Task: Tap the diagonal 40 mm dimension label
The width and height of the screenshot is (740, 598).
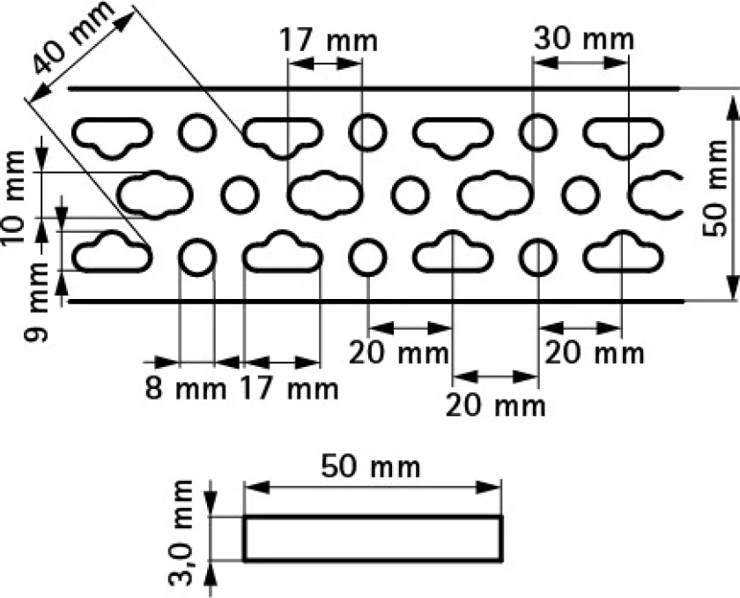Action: pyautogui.click(x=74, y=38)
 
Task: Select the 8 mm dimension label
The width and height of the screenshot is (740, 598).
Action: pyautogui.click(x=186, y=389)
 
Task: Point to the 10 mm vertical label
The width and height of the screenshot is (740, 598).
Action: pyautogui.click(x=14, y=197)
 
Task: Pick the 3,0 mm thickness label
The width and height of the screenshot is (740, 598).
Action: pyautogui.click(x=181, y=533)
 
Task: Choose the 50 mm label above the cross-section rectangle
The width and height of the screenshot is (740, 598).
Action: pyautogui.click(x=371, y=467)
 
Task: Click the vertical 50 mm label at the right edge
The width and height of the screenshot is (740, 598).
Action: pyautogui.click(x=714, y=188)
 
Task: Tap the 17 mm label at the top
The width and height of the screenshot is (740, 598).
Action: pyautogui.click(x=329, y=41)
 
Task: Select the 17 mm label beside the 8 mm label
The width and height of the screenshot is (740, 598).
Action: pyautogui.click(x=290, y=389)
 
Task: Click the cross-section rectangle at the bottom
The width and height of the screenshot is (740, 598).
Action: pyautogui.click(x=373, y=539)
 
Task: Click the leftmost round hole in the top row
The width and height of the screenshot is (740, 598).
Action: pyautogui.click(x=197, y=132)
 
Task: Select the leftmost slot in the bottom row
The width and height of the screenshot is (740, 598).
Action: pyautogui.click(x=113, y=251)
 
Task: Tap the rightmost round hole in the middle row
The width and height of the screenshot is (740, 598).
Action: pyautogui.click(x=581, y=195)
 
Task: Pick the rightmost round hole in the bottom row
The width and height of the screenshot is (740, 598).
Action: pyautogui.click(x=538, y=258)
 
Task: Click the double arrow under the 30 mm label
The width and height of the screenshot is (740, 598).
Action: pyautogui.click(x=581, y=63)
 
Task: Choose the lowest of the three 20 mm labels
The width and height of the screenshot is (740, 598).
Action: pyautogui.click(x=495, y=405)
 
